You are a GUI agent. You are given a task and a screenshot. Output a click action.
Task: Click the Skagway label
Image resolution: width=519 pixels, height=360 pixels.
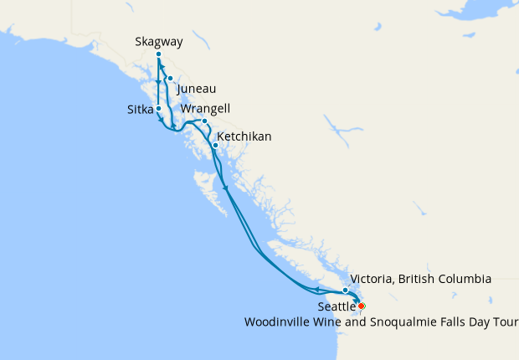coord(158,41)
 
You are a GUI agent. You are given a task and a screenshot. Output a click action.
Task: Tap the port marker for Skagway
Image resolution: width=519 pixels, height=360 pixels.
coord(158,54)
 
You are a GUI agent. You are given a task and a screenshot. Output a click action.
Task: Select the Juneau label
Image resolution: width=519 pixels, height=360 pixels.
coord(197,88)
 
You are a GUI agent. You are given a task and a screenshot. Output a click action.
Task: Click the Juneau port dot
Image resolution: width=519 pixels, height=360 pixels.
coord(170,79)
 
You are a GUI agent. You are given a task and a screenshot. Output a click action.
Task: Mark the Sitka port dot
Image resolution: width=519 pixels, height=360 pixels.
coord(158,109)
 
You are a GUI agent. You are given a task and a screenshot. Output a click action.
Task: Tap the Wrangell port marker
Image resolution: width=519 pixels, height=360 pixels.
coord(204,121)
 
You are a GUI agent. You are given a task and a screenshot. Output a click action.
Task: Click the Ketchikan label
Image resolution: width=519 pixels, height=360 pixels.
coord(244,136)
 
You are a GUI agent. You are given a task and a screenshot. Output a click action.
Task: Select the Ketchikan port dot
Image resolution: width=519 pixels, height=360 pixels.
coord(215,146)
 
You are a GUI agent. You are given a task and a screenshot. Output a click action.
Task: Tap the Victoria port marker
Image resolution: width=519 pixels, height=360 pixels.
coord(345,291)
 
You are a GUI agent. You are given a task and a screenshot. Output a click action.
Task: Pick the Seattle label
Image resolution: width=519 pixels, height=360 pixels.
coord(336,307)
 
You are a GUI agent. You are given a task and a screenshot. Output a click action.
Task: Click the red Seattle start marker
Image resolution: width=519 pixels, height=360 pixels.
coord(361,306)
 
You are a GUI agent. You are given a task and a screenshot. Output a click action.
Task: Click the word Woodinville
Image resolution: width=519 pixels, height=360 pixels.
coord(275,321)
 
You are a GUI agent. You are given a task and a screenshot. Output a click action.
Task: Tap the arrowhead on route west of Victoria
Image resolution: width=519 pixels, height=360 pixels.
coord(319,291)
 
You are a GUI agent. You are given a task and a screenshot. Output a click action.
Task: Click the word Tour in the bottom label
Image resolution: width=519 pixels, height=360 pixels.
coord(506,321)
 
